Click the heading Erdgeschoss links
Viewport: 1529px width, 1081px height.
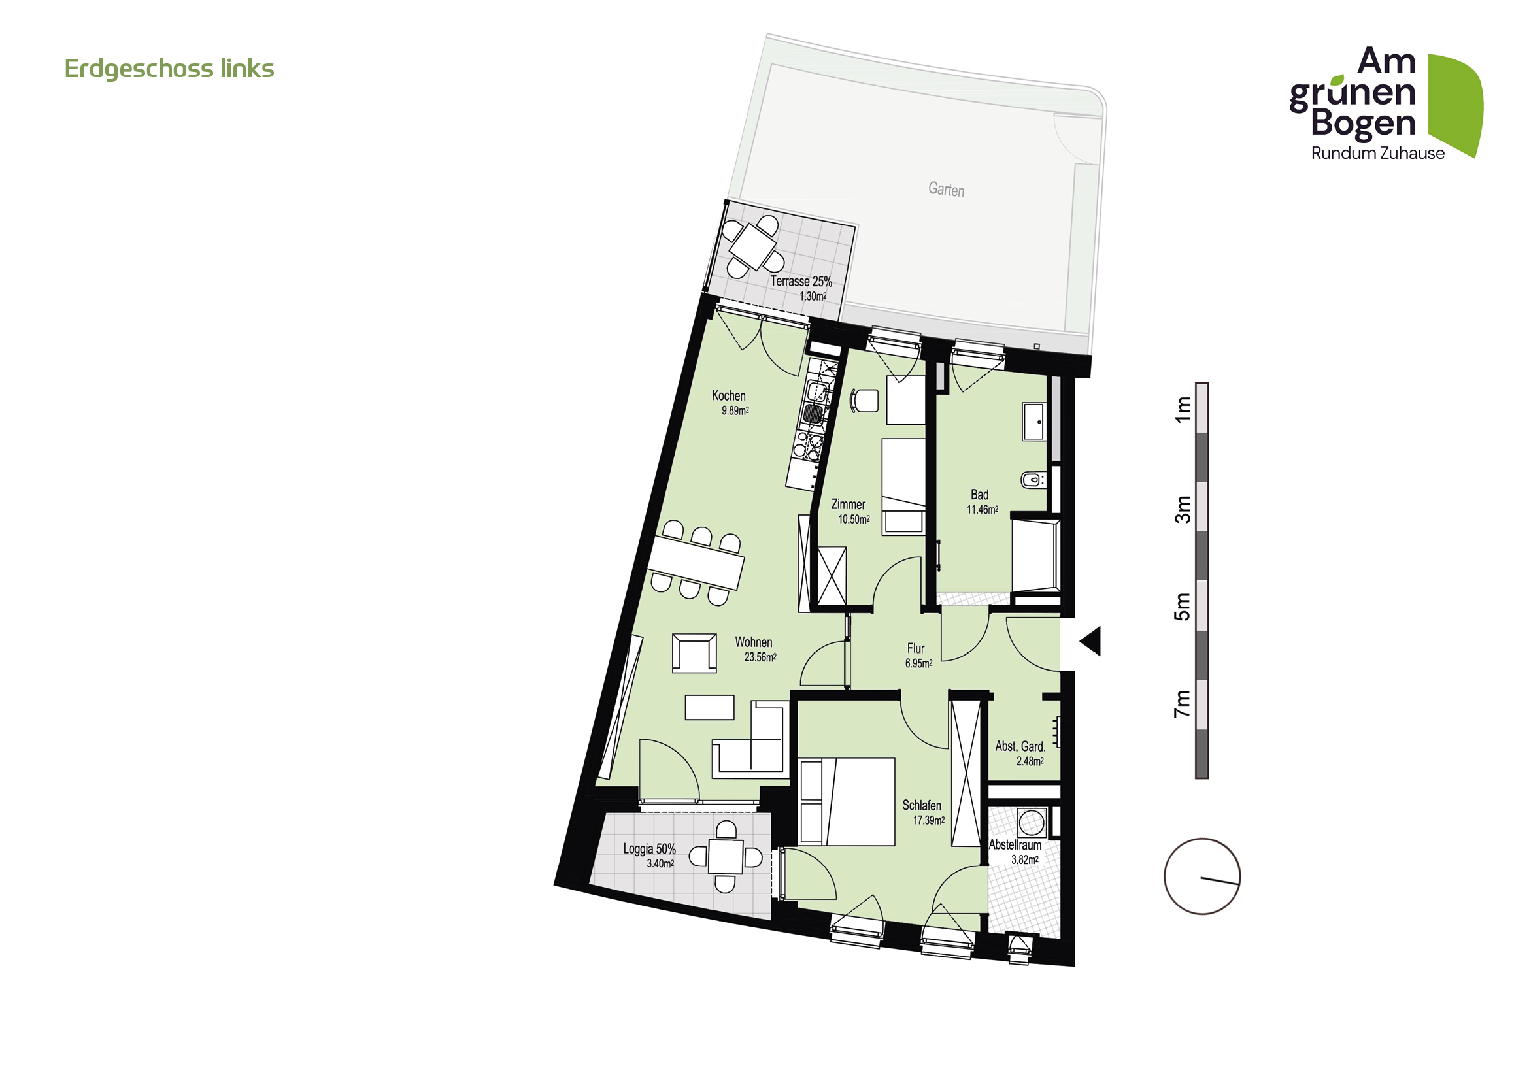coord(169,69)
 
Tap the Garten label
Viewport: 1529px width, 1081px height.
coord(946,190)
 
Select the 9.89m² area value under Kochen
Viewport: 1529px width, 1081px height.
coord(735,410)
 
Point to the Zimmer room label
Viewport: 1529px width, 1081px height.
coord(849,505)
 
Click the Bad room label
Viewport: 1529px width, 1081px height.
coord(980,495)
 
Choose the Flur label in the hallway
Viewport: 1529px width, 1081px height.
coord(916,648)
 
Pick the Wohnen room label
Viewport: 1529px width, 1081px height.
coord(754,642)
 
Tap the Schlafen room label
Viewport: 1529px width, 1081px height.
coord(922,805)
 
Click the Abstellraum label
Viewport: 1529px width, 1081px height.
coord(1015,845)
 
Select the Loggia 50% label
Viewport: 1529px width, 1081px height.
coord(649,850)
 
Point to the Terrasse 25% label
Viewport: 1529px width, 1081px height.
coord(801,282)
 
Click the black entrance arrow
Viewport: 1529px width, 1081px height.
coord(1092,641)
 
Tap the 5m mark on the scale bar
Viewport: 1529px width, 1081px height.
coord(1182,606)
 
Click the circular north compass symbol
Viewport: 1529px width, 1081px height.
coord(1202,876)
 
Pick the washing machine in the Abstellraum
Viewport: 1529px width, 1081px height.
coord(1031,823)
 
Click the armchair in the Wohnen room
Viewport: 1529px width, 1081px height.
coord(695,653)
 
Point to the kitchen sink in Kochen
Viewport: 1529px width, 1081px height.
coord(813,412)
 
